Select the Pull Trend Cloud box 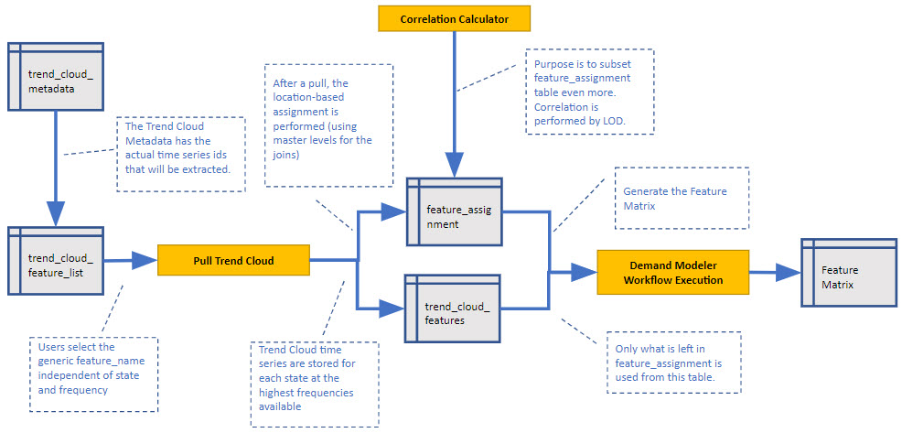pos(233,261)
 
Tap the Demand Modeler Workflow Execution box pos(672,272)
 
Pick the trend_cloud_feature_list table pos(54,261)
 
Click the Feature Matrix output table pos(848,276)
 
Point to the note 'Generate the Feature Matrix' pos(682,200)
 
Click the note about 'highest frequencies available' pos(314,384)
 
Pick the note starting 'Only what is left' pos(674,362)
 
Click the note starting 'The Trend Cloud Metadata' pos(181,153)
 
